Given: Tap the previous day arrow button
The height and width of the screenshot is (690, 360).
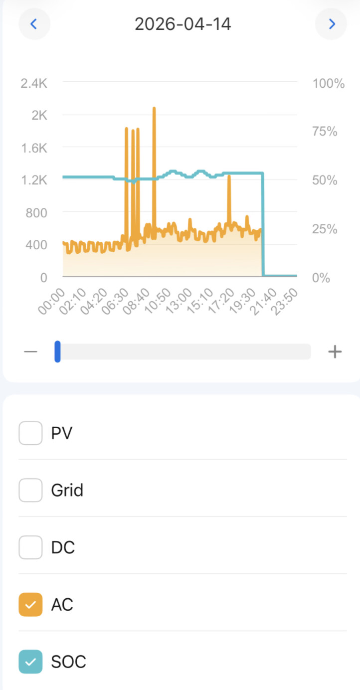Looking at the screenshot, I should [34, 24].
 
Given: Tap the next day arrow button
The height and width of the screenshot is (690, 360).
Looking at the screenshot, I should [331, 24].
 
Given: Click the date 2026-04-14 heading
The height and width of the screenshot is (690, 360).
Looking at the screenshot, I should [183, 24].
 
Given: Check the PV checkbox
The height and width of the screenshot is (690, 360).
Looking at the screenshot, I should [30, 433].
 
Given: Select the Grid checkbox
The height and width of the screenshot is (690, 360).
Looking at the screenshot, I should [30, 490].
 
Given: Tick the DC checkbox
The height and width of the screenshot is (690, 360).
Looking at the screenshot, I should [30, 547].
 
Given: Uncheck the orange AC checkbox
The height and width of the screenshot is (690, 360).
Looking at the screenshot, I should [30, 605].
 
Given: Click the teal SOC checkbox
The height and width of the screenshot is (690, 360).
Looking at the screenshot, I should [30, 662].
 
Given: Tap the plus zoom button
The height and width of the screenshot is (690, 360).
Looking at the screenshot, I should [335, 352].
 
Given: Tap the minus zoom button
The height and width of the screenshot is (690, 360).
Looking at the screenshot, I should [30, 352].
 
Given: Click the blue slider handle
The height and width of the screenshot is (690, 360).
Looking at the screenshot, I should [57, 351].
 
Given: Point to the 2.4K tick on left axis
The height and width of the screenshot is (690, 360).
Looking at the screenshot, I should [34, 83].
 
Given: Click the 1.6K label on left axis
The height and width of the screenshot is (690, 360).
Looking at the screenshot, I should [34, 148].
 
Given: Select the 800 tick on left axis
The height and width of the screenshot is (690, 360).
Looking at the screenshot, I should [36, 213].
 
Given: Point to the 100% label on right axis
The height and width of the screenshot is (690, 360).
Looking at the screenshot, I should [329, 83].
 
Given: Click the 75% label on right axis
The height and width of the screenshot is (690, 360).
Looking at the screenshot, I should [325, 132].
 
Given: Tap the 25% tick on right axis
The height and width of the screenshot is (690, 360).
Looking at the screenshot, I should [325, 229].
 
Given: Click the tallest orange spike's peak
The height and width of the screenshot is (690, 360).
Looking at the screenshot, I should [154, 108].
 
